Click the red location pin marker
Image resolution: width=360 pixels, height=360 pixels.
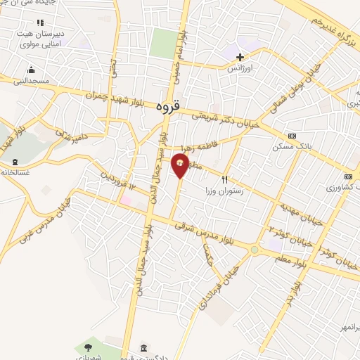click(x=181, y=165)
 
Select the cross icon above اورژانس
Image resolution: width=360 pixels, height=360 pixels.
click(x=240, y=57)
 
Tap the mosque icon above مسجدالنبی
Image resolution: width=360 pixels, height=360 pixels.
click(x=31, y=70)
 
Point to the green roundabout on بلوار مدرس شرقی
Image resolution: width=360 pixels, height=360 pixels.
click(x=255, y=249)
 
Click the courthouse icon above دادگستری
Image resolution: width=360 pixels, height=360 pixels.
click(x=143, y=348)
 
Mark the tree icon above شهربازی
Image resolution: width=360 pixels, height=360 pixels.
click(x=87, y=346)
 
